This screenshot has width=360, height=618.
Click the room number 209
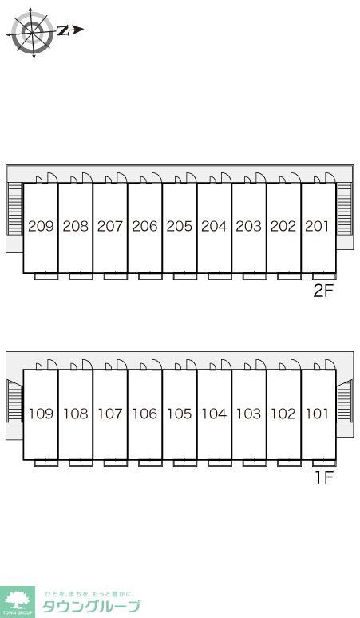click(41, 226)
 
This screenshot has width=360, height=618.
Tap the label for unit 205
click(180, 226)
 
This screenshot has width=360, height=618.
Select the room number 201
click(317, 226)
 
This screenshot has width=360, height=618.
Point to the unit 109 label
click(41, 414)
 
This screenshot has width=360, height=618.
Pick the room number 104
click(214, 414)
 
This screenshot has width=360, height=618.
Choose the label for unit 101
click(317, 414)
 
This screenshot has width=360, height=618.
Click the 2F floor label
click(323, 291)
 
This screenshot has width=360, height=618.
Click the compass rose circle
click(32, 31)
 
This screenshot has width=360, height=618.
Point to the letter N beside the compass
click(62, 30)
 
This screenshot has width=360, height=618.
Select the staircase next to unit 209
click(15, 209)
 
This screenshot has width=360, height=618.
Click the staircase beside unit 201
click(345, 209)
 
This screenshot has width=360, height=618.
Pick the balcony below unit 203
click(255, 276)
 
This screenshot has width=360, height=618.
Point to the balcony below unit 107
click(116, 463)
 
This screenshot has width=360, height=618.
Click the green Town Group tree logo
click(18, 602)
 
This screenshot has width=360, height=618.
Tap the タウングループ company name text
click(91, 606)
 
